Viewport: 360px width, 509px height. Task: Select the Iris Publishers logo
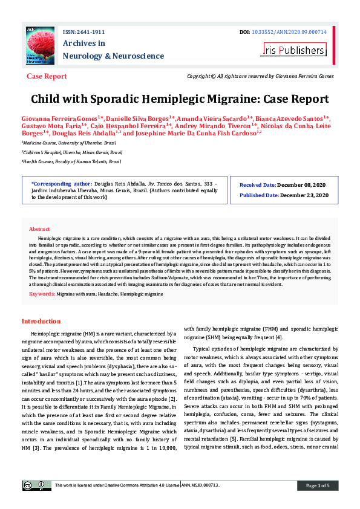[x=293, y=50]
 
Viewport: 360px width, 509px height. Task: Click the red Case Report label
[x=47, y=77]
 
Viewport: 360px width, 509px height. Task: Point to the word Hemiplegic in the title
[x=188, y=99]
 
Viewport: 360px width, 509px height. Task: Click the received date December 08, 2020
[x=304, y=184]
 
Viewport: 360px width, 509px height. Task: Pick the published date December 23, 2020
[x=305, y=195]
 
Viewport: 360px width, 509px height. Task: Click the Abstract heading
[x=39, y=229]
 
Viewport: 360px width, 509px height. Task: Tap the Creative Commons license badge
[x=37, y=485]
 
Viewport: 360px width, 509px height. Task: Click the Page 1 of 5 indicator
[x=318, y=485]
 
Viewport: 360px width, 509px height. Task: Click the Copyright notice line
[x=260, y=77]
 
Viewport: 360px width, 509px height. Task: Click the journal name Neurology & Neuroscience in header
[x=113, y=56]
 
